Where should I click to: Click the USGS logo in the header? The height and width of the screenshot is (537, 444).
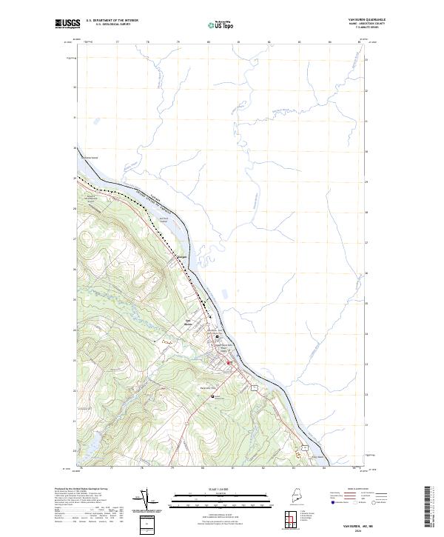[67, 24]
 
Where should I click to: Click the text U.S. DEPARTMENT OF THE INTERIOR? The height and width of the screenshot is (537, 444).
[112, 21]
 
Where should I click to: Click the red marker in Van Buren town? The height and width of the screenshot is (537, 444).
[229, 362]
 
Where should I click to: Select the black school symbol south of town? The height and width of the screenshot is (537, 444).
[215, 396]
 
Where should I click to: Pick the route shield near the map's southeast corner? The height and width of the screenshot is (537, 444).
[303, 449]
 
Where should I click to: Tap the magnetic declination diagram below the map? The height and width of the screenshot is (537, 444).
[146, 499]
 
